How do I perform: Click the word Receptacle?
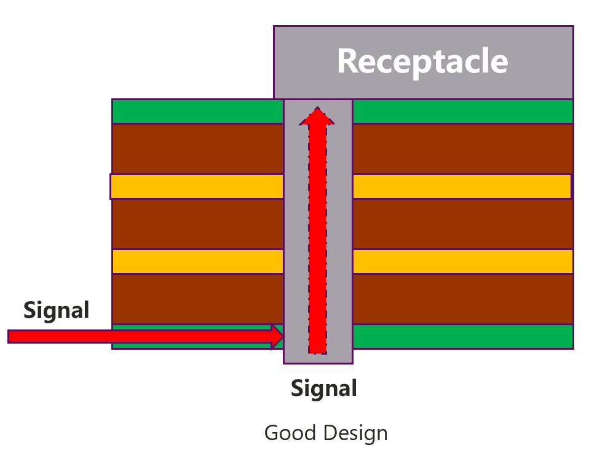point(422,61)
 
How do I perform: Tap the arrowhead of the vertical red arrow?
point(317,117)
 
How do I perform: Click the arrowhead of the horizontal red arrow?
point(277,336)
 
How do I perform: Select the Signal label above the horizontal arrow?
point(57,310)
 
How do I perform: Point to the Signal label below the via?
point(323,388)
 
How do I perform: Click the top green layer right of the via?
point(462,111)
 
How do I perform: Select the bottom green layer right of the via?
point(462,336)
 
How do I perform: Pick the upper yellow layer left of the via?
point(197,186)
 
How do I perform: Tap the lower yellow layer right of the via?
point(462,261)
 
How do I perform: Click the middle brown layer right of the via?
point(462,224)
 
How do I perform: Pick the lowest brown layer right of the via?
point(462,299)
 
